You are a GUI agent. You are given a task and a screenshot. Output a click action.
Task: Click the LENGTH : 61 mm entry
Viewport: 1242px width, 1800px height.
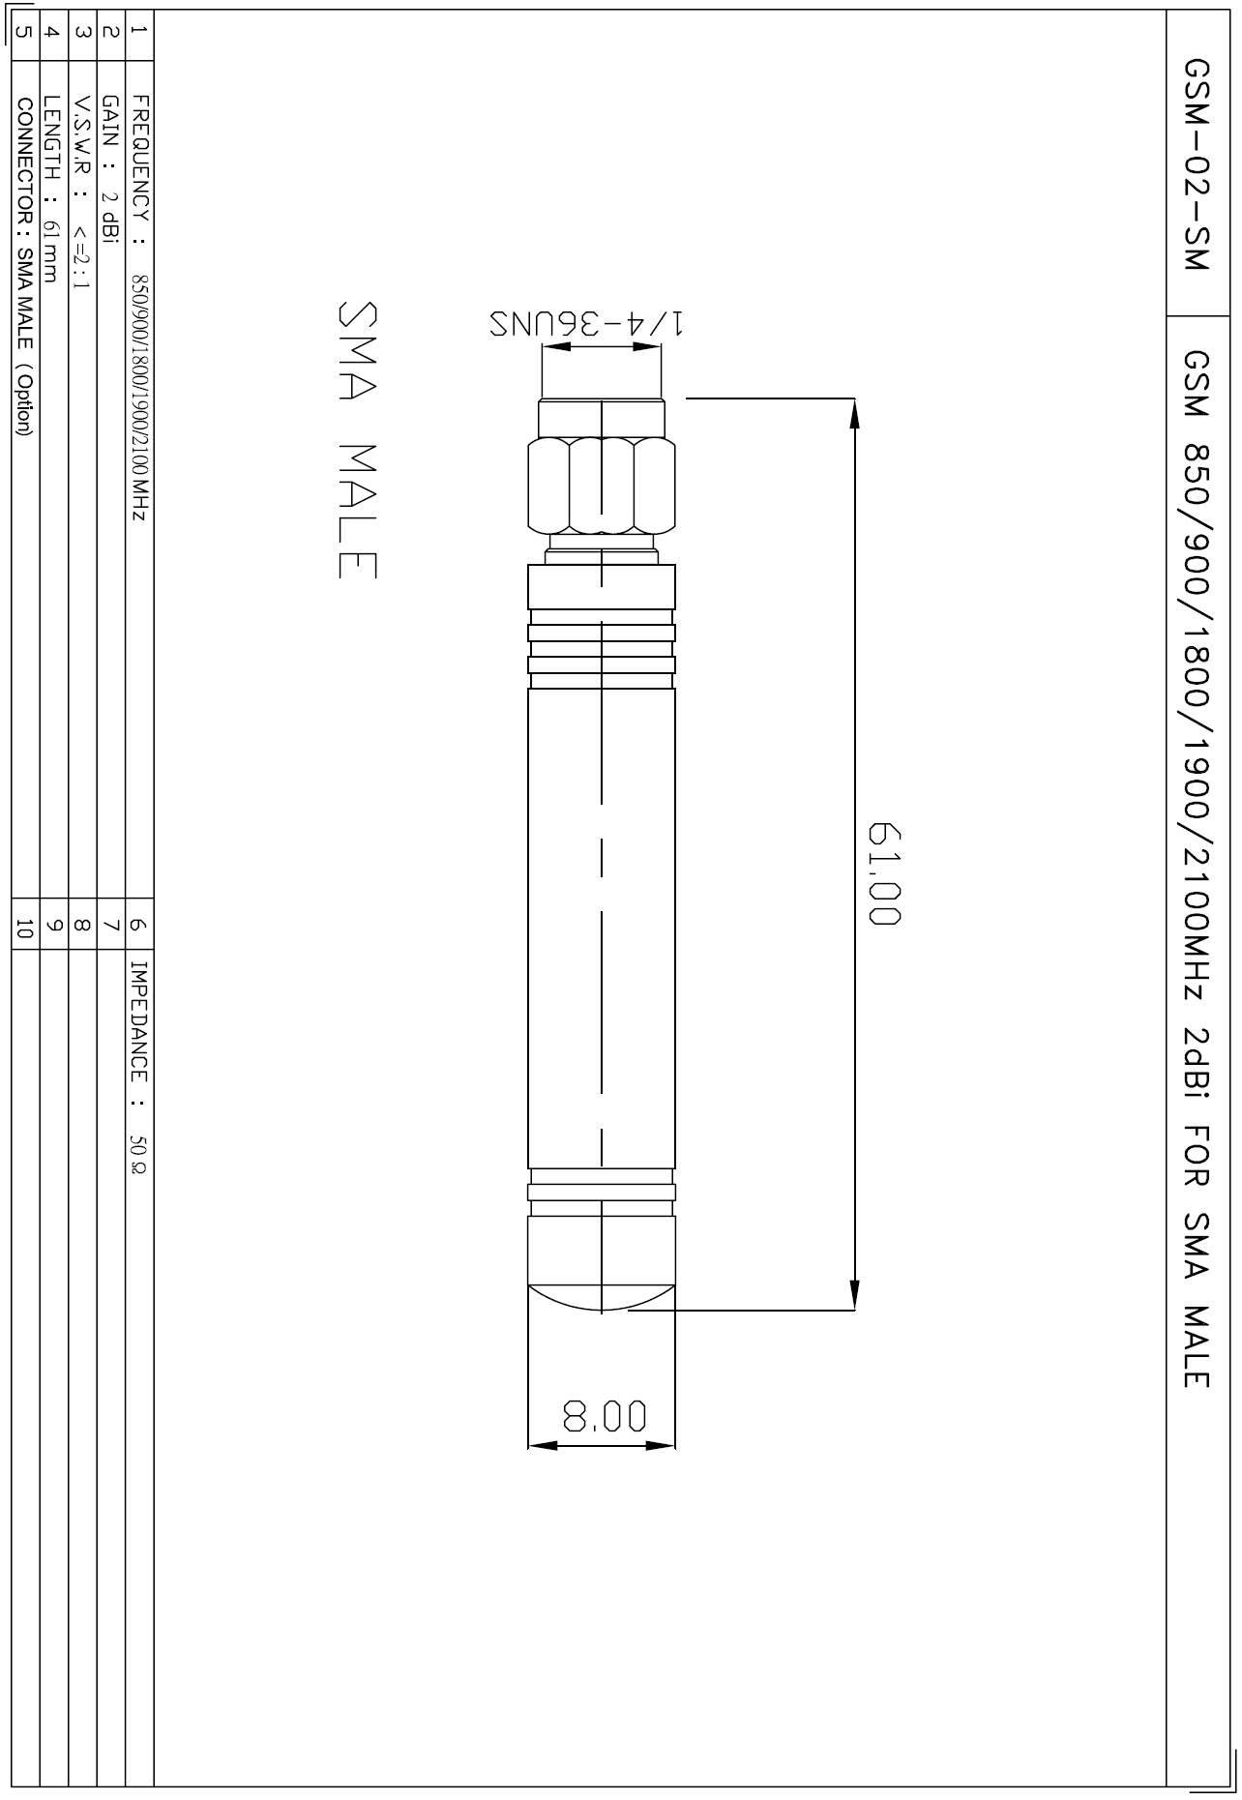click(54, 188)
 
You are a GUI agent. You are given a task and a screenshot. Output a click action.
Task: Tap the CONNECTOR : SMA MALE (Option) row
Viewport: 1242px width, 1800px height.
click(26, 265)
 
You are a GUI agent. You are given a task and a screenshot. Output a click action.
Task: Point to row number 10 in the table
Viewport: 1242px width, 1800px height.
click(25, 929)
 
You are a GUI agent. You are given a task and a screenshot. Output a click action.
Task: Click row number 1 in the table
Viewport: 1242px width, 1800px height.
click(139, 31)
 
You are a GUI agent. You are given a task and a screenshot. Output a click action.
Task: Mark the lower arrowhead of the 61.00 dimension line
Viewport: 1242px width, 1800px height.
click(855, 1296)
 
